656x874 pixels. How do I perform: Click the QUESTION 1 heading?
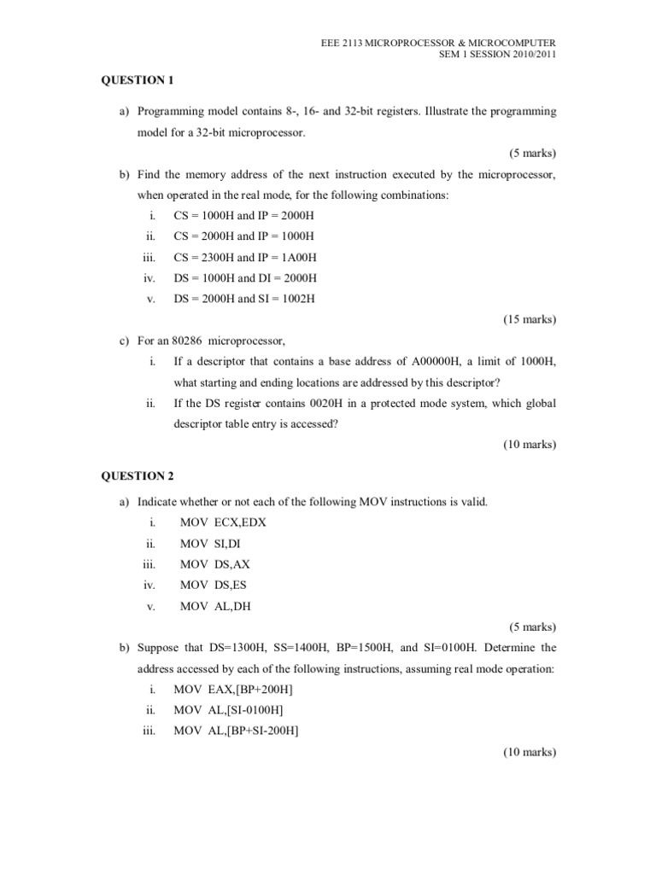pyautogui.click(x=138, y=80)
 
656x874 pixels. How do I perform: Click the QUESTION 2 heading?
pyautogui.click(x=138, y=475)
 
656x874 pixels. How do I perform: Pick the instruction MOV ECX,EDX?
pyautogui.click(x=223, y=522)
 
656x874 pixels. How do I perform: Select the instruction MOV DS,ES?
pyautogui.click(x=215, y=585)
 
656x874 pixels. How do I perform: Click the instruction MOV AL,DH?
pyautogui.click(x=216, y=606)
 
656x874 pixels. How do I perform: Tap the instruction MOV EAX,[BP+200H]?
pyautogui.click(x=238, y=689)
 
